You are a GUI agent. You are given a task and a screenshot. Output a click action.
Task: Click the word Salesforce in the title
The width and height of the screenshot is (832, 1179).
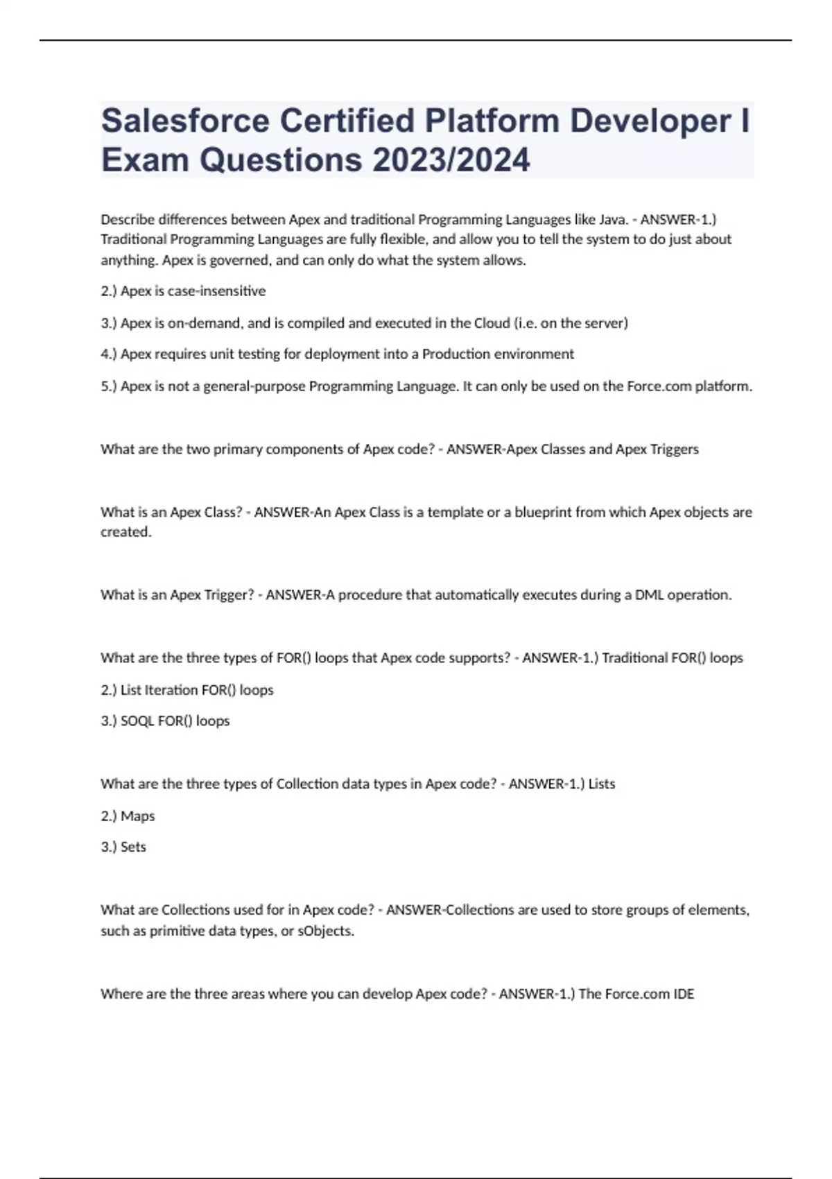tap(185, 121)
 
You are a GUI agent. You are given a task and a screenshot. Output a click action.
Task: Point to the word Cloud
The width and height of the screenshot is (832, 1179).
tap(492, 323)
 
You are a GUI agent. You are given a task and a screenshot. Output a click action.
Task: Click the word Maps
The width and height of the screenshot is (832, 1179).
tap(137, 816)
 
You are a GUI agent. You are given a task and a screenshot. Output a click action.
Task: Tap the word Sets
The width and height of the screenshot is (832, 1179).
tap(133, 847)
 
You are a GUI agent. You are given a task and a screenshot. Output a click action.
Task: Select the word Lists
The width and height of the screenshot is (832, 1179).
tap(601, 784)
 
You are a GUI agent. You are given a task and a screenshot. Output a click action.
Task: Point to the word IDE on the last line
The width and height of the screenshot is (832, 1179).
tap(684, 994)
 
